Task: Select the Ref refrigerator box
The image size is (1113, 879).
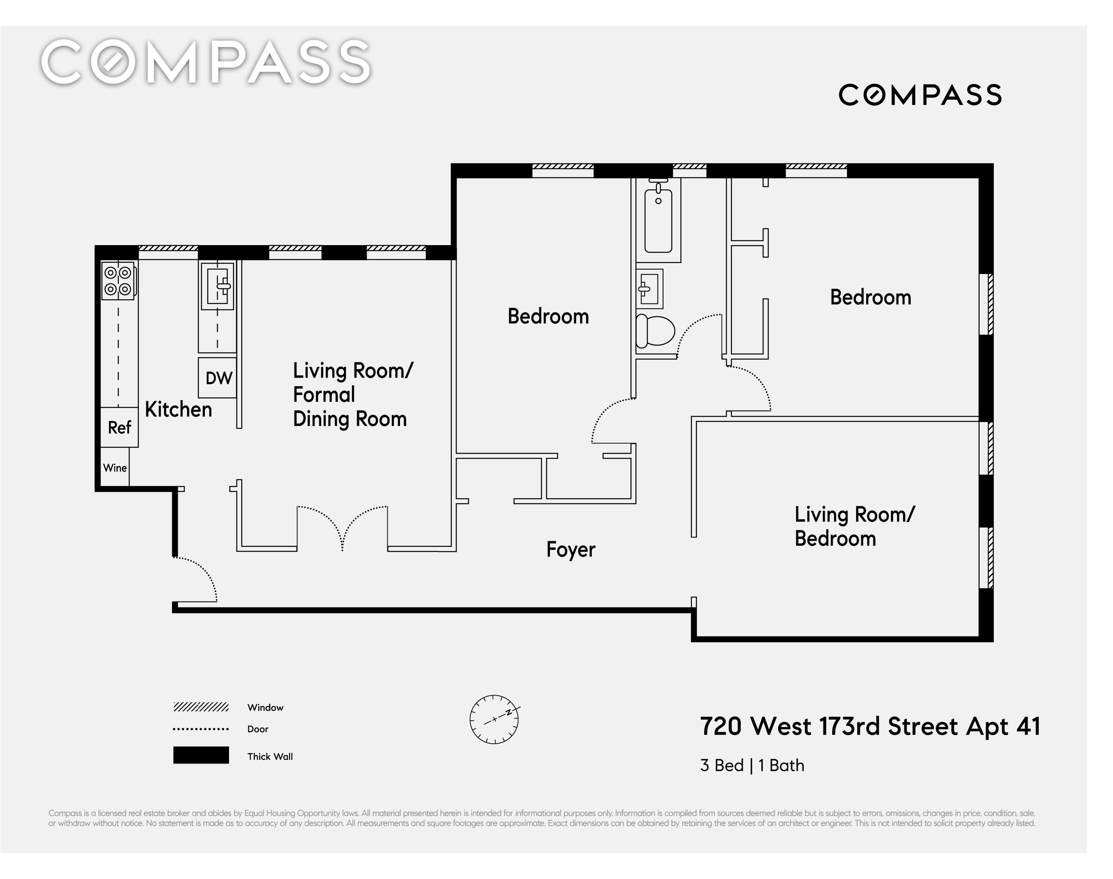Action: click(x=119, y=427)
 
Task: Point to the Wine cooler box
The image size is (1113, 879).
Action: click(x=114, y=467)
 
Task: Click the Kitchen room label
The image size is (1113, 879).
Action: click(x=178, y=410)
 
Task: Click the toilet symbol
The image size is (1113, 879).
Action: click(x=655, y=331)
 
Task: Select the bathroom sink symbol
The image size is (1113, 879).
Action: click(x=649, y=289)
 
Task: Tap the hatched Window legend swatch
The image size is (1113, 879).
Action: click(x=201, y=707)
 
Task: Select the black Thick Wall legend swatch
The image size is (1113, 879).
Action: click(x=201, y=755)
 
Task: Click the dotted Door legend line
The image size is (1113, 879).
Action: click(x=201, y=729)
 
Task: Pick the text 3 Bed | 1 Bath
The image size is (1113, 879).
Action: click(x=752, y=765)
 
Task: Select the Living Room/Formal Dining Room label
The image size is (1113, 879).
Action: click(x=353, y=395)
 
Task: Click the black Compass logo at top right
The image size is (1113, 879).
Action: click(x=920, y=95)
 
